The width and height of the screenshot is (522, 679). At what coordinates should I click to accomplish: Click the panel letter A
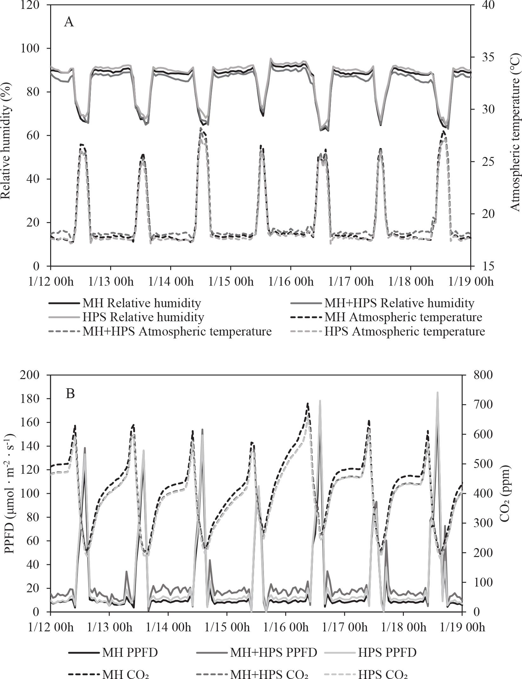(x=69, y=23)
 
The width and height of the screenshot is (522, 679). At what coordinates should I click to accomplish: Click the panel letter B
(x=70, y=394)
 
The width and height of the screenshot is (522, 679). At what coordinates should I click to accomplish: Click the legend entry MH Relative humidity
(x=142, y=303)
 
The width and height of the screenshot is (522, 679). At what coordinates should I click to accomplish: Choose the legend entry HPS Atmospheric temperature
(x=404, y=331)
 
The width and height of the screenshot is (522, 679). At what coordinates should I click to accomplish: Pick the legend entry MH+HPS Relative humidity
(x=399, y=303)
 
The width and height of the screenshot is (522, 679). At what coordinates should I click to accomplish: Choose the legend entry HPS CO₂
(x=383, y=672)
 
